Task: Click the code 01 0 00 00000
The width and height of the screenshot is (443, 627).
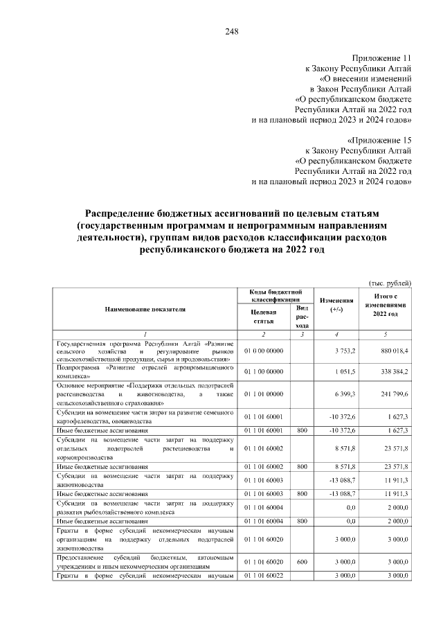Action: (264, 351)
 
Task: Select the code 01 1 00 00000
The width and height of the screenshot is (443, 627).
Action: (264, 371)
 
